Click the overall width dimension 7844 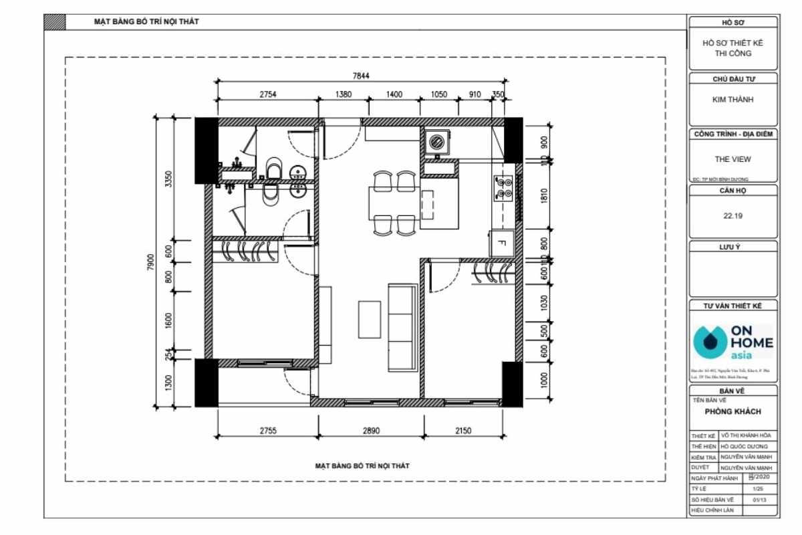coord(361,76)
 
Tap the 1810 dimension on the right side coord(544,197)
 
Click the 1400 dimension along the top coord(394,94)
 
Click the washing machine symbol coord(437,141)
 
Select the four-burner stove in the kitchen coord(503,188)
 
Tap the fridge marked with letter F coord(502,242)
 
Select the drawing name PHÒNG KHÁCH coord(733,411)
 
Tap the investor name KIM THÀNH coord(733,100)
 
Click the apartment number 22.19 coord(733,216)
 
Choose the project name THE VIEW coord(733,160)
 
